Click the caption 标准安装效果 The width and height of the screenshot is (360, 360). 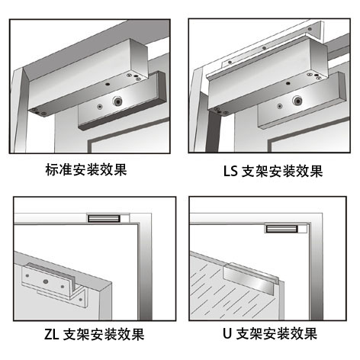(x=86, y=169)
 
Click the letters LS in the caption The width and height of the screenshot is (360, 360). (x=230, y=171)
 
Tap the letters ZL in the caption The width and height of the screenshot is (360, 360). (x=51, y=334)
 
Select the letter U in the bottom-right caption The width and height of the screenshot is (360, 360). (x=227, y=334)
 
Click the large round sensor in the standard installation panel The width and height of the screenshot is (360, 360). (x=117, y=101)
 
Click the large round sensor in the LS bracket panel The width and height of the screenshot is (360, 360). (x=297, y=101)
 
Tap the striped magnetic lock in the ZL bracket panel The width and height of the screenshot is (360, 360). (x=104, y=218)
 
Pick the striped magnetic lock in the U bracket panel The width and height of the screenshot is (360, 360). (x=281, y=229)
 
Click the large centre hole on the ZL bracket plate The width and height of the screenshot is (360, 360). (x=46, y=281)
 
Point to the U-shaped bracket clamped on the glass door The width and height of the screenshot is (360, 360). (x=249, y=278)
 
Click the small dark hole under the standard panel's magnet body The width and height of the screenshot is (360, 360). (x=108, y=84)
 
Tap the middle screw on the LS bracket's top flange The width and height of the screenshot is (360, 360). (x=264, y=48)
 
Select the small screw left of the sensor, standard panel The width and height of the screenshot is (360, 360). (x=100, y=107)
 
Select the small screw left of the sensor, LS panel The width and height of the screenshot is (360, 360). (x=280, y=106)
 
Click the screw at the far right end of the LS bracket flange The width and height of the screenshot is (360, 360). (x=310, y=29)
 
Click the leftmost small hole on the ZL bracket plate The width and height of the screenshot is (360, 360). (x=27, y=275)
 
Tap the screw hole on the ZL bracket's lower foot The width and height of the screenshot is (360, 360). (x=81, y=300)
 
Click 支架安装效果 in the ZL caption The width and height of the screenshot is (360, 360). (x=104, y=334)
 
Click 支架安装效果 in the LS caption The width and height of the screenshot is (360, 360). (x=282, y=171)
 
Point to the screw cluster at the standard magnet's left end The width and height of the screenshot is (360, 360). (x=38, y=111)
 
